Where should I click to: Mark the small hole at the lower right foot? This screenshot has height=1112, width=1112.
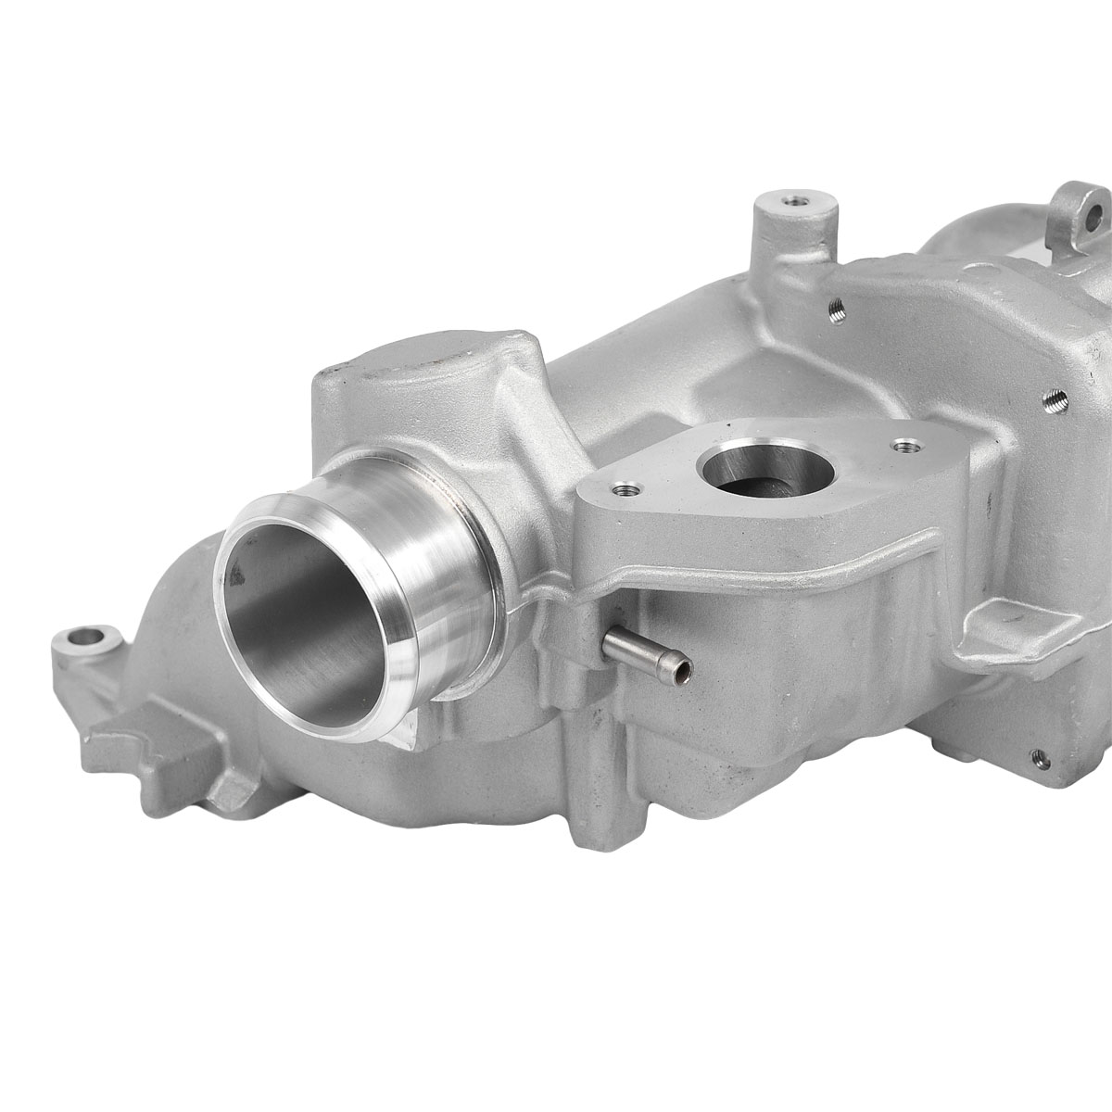point(1040,757)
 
